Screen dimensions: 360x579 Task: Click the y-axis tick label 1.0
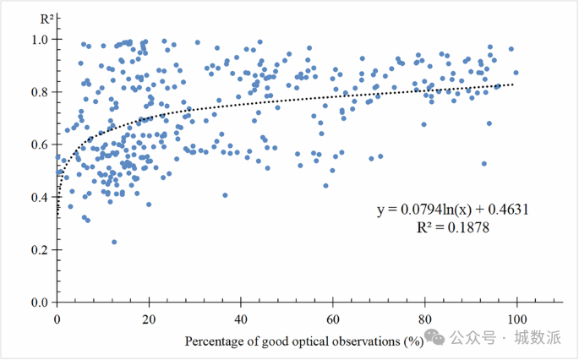click(38, 39)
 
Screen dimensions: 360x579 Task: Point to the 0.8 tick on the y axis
click(38, 91)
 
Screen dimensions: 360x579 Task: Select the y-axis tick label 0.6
click(38, 145)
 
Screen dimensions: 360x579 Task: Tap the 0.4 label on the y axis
click(38, 197)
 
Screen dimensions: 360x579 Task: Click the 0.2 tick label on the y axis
click(38, 250)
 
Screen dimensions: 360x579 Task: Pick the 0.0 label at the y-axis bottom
click(38, 303)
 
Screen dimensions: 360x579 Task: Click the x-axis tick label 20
click(149, 319)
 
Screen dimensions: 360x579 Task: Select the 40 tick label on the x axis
click(241, 319)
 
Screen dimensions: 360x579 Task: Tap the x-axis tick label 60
click(333, 319)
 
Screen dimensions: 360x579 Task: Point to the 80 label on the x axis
click(424, 319)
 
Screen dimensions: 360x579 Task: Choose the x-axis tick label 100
click(516, 319)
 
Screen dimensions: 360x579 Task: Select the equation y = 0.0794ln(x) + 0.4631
click(453, 210)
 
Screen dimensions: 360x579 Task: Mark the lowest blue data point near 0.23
click(114, 242)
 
